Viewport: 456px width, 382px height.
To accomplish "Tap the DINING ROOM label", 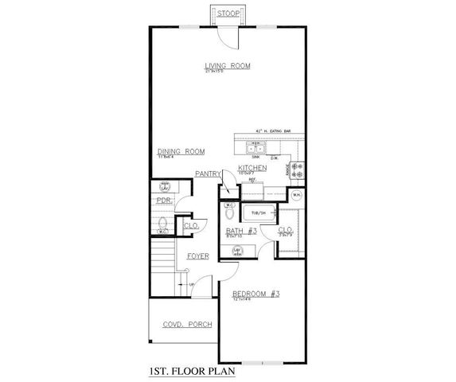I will click(181, 151).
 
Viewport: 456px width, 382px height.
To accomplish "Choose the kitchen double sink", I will click(255, 147).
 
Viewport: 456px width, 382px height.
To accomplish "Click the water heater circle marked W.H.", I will click(295, 196).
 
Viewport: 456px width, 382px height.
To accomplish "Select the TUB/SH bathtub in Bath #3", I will click(258, 213).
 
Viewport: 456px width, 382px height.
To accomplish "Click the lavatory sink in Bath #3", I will click(236, 251).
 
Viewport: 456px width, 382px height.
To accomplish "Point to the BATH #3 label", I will click(241, 232).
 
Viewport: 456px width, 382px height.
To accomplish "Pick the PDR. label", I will click(165, 201).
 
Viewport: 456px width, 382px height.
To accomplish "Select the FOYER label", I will click(197, 256).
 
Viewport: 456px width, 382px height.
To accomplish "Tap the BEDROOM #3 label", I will click(256, 294).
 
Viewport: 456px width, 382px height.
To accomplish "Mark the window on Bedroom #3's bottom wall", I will click(263, 362).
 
